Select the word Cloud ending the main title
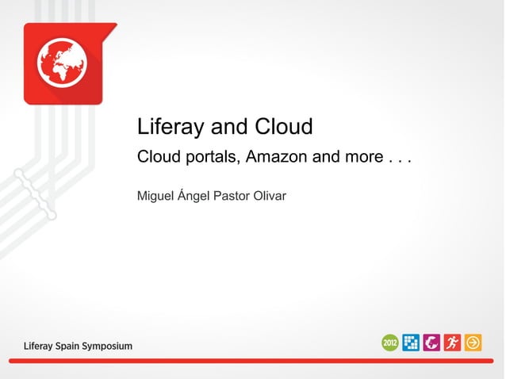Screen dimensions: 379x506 click(x=284, y=127)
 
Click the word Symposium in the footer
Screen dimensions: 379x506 click(x=103, y=346)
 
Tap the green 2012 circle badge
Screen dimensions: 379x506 click(x=390, y=343)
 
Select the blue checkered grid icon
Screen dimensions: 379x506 click(x=412, y=343)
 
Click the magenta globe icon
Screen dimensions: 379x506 click(x=432, y=343)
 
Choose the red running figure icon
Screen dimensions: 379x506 click(x=453, y=343)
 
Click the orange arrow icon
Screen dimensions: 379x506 click(x=473, y=343)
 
